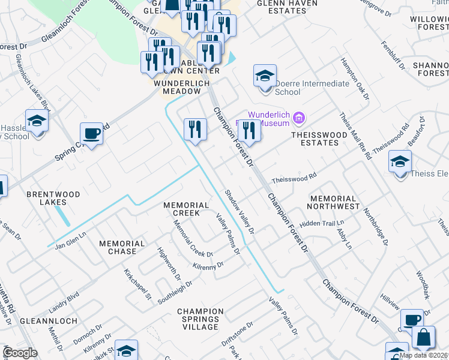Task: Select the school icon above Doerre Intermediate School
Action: (x=265, y=76)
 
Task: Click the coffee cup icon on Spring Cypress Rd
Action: (x=91, y=133)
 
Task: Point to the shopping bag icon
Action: (x=424, y=338)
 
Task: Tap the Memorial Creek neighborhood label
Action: (x=185, y=209)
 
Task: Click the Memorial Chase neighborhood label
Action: (x=126, y=247)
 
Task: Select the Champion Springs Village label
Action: (x=200, y=319)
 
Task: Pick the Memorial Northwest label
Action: (x=331, y=202)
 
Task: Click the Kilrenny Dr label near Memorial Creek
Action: (x=208, y=265)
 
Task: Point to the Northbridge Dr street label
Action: (x=376, y=226)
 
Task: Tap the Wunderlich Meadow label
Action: (x=178, y=91)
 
